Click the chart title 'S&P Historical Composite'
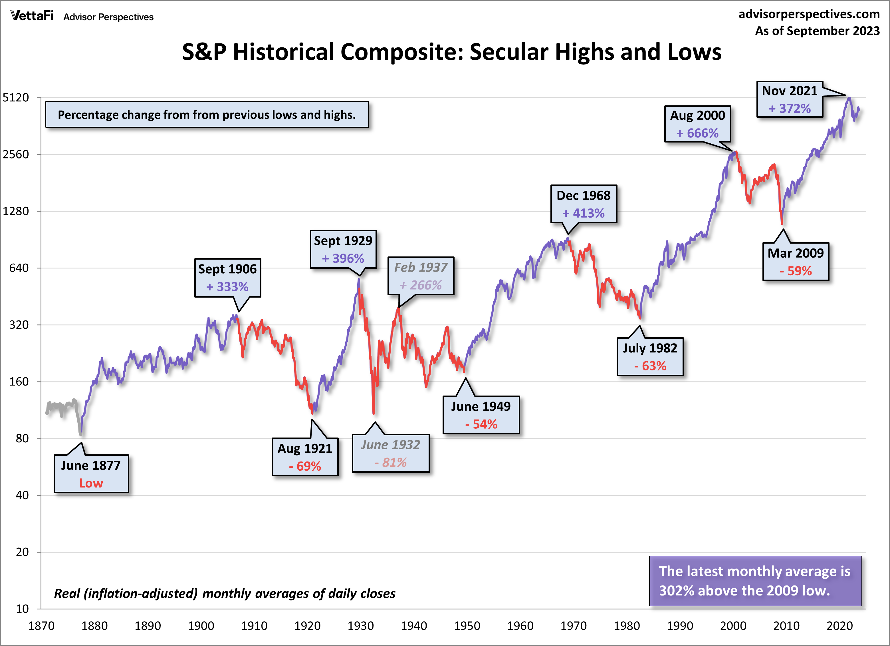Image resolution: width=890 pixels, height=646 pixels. (451, 52)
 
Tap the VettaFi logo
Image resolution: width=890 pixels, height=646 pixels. (32, 16)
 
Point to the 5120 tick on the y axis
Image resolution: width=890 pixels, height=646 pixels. (16, 97)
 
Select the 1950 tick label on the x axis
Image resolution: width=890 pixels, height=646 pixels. (467, 625)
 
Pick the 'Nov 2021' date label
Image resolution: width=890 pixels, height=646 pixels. (789, 91)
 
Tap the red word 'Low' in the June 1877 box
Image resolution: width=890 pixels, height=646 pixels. (91, 483)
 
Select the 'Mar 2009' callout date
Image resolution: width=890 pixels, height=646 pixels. (796, 253)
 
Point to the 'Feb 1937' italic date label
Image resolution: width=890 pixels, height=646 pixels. (420, 267)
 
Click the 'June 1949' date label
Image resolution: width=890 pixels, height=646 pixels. (481, 406)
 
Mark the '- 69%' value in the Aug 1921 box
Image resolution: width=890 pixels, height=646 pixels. (305, 466)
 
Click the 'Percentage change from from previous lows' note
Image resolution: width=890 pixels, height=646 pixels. (206, 115)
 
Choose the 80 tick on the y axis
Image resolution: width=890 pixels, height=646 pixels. (22, 438)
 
